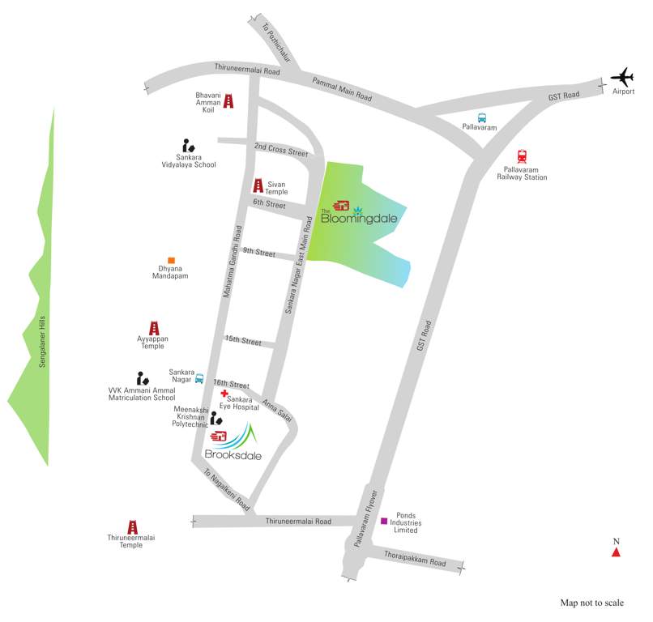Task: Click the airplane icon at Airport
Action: coord(622,79)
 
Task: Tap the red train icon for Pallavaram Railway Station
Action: coord(523,157)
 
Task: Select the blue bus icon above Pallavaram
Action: coord(481,117)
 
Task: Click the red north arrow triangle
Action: coord(616,552)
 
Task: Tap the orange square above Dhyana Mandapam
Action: coord(171,260)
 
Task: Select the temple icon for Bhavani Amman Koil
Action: coord(228,101)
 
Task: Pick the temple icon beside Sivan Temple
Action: coord(258,185)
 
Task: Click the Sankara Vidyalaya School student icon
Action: coord(189,146)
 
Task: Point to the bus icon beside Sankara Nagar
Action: coord(199,377)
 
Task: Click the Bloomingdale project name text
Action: coord(352,217)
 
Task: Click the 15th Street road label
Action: coord(243,341)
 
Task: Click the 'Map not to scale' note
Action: coord(592,603)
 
